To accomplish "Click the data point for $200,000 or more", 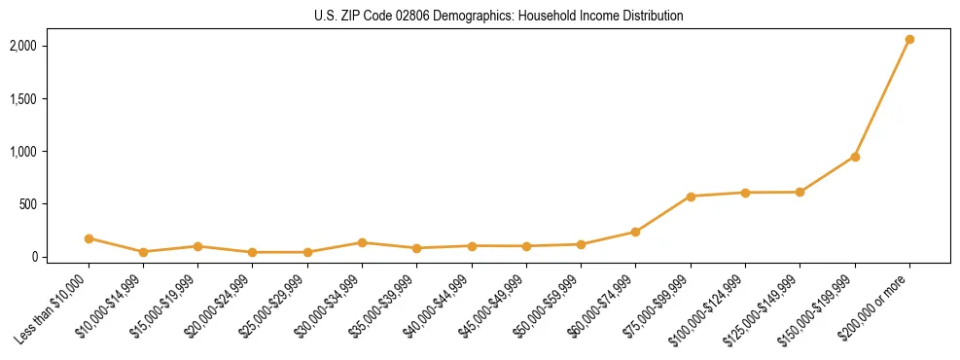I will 909,40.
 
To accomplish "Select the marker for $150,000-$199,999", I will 855,157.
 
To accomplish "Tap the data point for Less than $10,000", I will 89,238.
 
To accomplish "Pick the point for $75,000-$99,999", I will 691,197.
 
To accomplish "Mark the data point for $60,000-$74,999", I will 636,232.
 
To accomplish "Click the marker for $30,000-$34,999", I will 362,242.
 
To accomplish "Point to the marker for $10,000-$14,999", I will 143,252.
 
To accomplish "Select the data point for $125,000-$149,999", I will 800,192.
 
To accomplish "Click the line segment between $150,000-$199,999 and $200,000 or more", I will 882,98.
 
